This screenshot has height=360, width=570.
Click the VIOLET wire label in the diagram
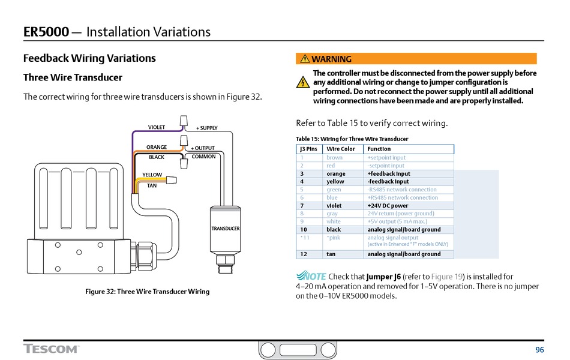point(157,127)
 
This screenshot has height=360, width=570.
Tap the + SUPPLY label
point(207,128)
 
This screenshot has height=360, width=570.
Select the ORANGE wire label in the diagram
point(157,147)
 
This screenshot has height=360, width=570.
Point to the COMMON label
point(203,157)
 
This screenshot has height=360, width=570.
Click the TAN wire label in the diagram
point(152,185)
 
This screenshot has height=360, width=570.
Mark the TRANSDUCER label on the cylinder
point(226,229)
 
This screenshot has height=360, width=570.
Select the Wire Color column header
point(341,149)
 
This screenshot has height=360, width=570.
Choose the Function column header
point(379,149)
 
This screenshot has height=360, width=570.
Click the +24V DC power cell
point(388,206)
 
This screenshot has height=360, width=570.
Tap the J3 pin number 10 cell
point(304,230)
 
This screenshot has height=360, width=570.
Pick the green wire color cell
point(334,190)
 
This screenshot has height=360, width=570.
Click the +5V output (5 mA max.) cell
point(397,221)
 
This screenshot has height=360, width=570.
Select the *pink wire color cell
point(333,238)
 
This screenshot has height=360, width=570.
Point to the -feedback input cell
point(388,181)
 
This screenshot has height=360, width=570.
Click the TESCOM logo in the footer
point(51,349)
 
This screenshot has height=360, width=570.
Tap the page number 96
point(539,350)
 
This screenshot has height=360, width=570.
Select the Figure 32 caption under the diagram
point(148,292)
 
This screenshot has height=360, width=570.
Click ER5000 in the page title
point(46,32)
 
